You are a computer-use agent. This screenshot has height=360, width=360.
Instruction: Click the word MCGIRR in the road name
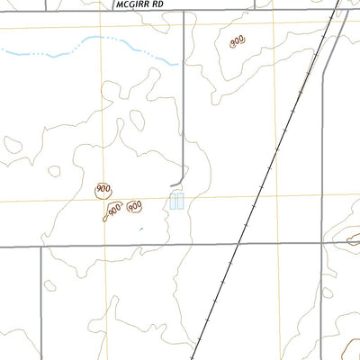131,4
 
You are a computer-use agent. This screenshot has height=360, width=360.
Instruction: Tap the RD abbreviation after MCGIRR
158,4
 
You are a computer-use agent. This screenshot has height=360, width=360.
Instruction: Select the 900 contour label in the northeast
237,41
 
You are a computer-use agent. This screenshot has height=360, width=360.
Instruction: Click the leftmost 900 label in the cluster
103,189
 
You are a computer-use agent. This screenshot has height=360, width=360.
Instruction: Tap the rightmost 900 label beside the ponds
134,206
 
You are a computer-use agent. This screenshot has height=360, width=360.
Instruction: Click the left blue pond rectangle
173,202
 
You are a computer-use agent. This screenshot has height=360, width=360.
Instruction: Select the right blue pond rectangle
181,202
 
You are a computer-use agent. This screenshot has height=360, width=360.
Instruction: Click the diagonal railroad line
270,171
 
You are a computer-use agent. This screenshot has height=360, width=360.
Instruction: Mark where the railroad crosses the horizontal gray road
238,243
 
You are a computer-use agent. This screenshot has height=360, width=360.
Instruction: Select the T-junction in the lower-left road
41,244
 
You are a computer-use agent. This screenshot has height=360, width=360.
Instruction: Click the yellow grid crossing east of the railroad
276,196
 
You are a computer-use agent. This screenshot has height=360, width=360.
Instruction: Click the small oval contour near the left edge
13,143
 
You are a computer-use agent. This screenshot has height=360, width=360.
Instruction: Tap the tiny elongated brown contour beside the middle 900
106,216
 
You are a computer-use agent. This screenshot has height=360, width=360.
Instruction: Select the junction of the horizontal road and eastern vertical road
321,243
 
